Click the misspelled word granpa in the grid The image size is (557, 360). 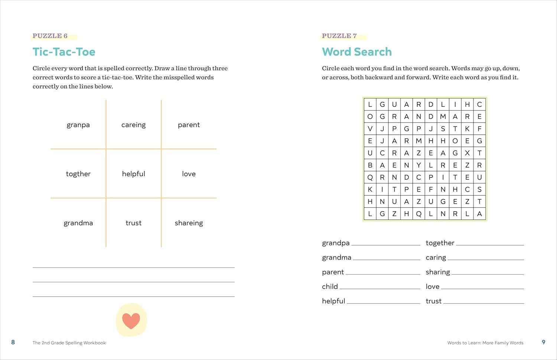78,125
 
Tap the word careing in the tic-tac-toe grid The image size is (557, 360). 133,125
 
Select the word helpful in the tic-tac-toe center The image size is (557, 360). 133,174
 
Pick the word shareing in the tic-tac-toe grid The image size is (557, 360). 189,223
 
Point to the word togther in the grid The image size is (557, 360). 78,174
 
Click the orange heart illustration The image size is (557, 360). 131,321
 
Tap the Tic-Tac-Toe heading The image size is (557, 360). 64,52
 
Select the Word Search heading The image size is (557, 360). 356,52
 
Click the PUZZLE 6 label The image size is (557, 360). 50,36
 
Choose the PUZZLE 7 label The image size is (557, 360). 339,36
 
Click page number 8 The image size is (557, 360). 13,342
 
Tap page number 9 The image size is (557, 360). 543,342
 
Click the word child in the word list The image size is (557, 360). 330,287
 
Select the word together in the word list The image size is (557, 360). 440,243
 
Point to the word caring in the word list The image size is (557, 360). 436,258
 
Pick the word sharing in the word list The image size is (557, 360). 437,272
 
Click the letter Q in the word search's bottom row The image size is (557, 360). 418,214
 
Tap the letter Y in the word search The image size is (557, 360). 418,165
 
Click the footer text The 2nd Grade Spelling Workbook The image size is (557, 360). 69,343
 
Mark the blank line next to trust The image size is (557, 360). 483,303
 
